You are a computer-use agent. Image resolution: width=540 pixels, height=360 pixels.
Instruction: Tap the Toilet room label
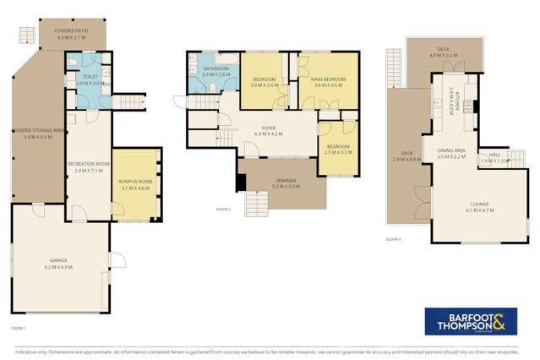90,78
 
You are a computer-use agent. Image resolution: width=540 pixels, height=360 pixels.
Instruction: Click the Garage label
60,260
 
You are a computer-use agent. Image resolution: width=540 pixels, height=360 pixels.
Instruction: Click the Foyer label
270,128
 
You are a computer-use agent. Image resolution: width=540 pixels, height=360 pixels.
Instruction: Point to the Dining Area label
452,151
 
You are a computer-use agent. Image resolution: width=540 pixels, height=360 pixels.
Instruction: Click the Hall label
494,154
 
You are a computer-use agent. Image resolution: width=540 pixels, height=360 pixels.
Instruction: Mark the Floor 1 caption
19,327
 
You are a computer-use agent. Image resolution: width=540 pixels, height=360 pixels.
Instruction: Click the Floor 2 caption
223,207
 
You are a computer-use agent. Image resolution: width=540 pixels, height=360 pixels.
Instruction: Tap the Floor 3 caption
393,239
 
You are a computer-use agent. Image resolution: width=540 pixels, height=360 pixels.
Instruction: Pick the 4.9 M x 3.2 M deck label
444,53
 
